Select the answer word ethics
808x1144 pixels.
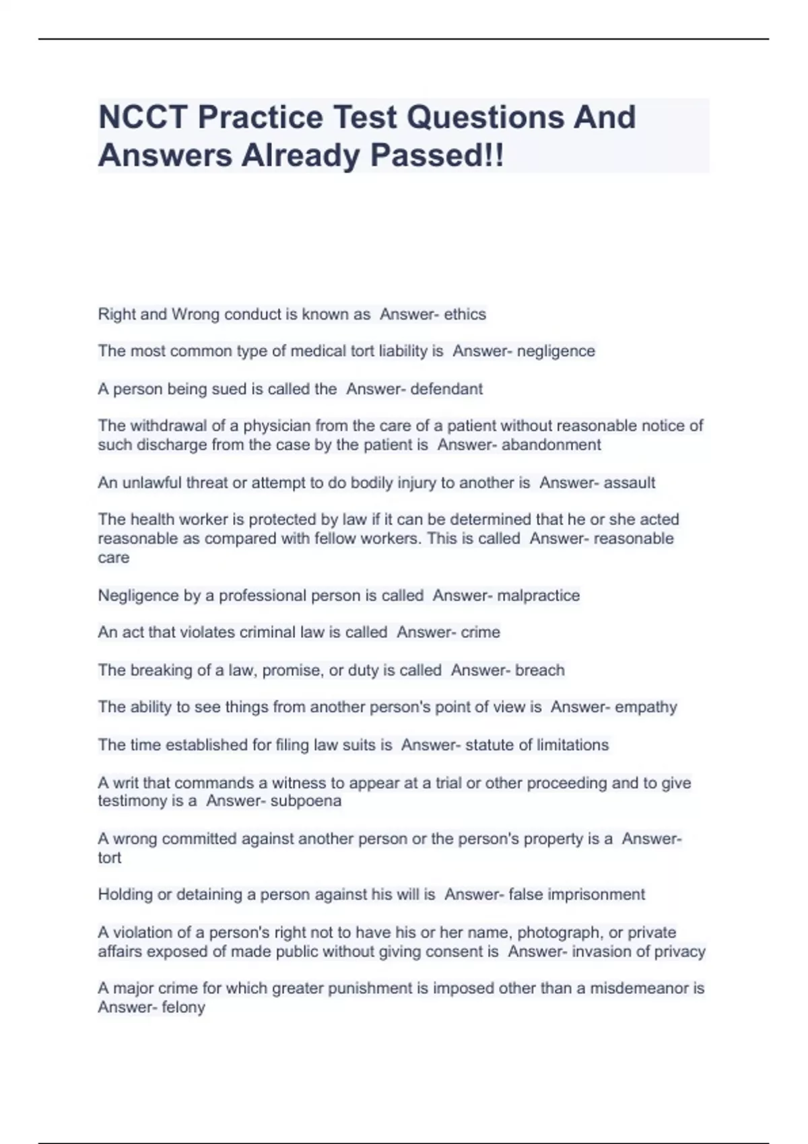coord(465,314)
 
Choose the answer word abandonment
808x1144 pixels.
coord(551,445)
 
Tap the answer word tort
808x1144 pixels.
coord(110,858)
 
